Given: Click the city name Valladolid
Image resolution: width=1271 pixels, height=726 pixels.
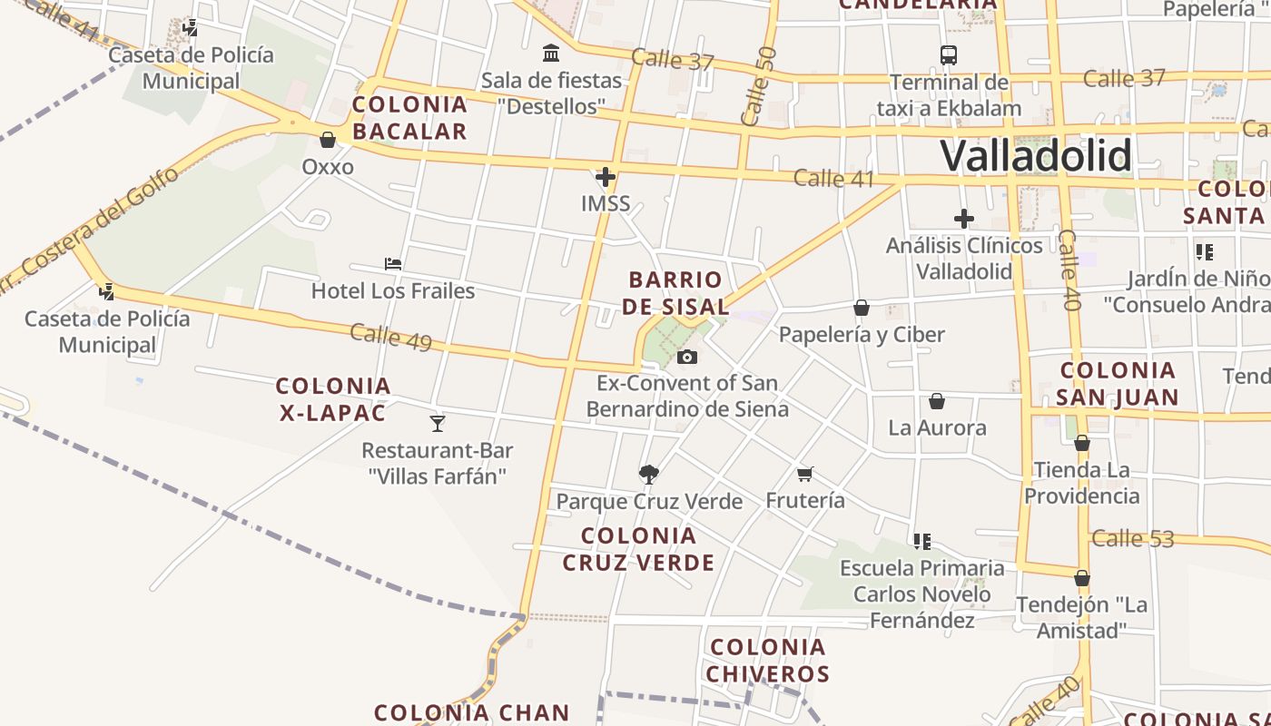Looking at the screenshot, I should pos(1036,156).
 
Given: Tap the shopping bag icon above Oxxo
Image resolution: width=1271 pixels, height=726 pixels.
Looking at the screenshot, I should pos(328,140).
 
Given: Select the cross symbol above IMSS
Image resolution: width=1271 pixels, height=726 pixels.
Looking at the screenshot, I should pos(606,176).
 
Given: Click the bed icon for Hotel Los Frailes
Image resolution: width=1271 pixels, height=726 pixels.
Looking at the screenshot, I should pos(393,264).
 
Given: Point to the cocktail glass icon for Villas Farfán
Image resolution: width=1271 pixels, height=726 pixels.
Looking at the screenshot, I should pos(438,423).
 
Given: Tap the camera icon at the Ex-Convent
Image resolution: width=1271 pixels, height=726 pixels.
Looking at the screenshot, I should pos(687,357).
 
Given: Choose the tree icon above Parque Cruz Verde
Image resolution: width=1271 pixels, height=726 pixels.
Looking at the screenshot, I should pos(648,474).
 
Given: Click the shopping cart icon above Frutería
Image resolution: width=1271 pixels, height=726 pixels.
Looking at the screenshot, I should pos(804,474).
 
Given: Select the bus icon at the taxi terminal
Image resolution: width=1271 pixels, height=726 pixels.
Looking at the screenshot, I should pos(949,55).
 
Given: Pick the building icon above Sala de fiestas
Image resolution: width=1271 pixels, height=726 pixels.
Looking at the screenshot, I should pos(551,54).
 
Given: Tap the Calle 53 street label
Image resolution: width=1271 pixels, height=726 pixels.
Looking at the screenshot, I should pos(1132,538).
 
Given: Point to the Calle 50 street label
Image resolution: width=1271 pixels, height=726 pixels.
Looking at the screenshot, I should pos(758,86).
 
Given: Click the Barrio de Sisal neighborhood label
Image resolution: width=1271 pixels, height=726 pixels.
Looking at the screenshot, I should pos(676,292).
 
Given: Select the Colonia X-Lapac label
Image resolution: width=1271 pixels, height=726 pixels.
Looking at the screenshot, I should pos(333,399).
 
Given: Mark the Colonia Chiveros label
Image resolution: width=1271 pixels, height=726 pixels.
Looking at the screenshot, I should pos(768,661).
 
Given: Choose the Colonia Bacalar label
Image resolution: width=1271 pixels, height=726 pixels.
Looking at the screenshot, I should pos(409,118).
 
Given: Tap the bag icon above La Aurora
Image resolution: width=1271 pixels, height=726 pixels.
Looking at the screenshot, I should pos(937,401).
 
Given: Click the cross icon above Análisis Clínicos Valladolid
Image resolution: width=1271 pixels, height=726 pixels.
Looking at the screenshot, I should pos(964,219).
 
